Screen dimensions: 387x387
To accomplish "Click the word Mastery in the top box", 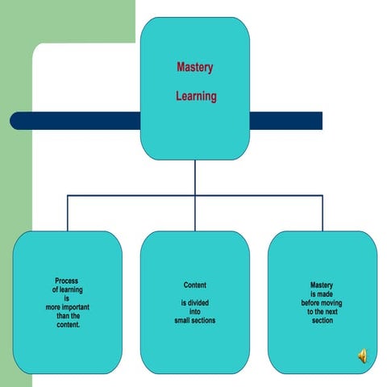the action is pos(195,67).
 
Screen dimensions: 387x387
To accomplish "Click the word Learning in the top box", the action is pos(196,96).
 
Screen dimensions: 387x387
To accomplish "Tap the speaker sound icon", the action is pos(363,356).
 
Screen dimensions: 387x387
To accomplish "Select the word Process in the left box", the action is pos(67,281).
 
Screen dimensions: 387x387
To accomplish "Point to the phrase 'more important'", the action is pos(68,307).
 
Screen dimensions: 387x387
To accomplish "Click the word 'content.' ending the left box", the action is pos(69,325).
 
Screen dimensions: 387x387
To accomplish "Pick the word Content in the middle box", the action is pos(195,285).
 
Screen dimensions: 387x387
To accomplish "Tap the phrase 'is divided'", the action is pos(195,303).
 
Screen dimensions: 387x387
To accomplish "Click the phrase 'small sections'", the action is pos(195,320).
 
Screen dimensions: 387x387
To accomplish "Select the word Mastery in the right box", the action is pos(322,285).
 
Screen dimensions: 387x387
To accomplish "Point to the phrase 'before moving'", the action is pos(322,303).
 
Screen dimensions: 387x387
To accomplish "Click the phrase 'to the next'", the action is pos(322,312).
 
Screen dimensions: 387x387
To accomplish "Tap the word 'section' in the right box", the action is pos(322,320).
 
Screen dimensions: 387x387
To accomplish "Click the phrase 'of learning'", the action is pos(68,289).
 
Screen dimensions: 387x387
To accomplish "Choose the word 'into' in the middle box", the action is pos(195,312).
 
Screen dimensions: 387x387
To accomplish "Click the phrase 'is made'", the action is pos(322,294).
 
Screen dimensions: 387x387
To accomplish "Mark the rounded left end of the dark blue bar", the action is pos(10,121).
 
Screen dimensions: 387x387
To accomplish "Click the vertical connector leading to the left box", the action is pos(68,213).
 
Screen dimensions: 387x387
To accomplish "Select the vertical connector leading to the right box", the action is pos(322,213).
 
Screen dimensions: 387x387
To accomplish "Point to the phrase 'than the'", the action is pos(69,316).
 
